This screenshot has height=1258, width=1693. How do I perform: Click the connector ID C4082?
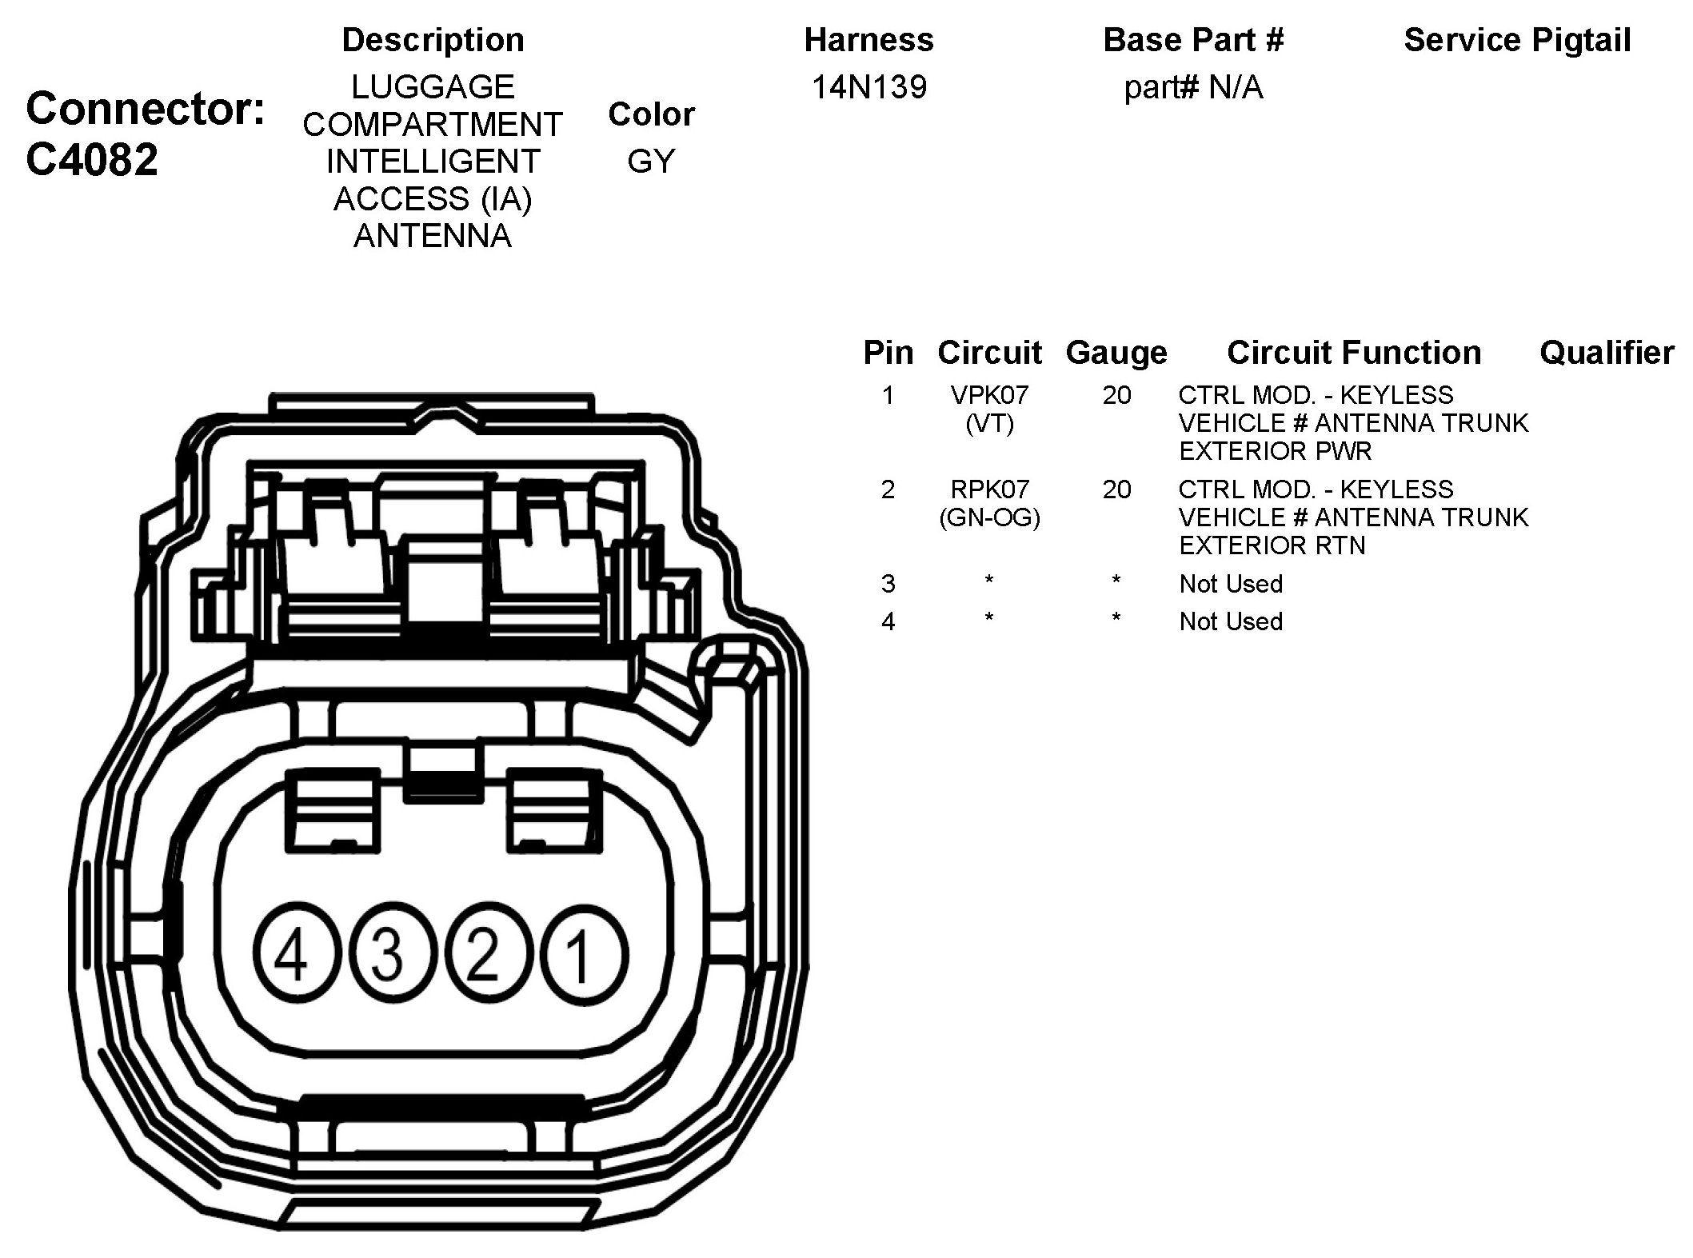92,160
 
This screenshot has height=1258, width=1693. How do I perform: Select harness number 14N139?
868,87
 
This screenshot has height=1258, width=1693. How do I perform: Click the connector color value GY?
651,162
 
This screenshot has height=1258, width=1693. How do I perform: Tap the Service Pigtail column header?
1517,40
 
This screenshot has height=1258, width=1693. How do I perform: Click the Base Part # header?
1192,40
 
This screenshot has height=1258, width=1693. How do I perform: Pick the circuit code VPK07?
989,395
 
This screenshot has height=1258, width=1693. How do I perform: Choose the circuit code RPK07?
989,489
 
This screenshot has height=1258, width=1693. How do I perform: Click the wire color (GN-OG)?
989,518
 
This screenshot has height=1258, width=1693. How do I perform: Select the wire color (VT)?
989,424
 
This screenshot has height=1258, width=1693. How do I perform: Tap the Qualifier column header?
1607,353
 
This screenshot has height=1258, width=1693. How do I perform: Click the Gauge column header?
1116,353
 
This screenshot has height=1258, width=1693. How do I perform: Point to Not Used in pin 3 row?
1231,584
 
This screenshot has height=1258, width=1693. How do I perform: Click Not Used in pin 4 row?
1231,621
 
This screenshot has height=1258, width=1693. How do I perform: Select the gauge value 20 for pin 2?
1116,489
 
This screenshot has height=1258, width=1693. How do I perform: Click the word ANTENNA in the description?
433,236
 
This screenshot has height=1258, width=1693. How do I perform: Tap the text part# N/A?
1192,87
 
